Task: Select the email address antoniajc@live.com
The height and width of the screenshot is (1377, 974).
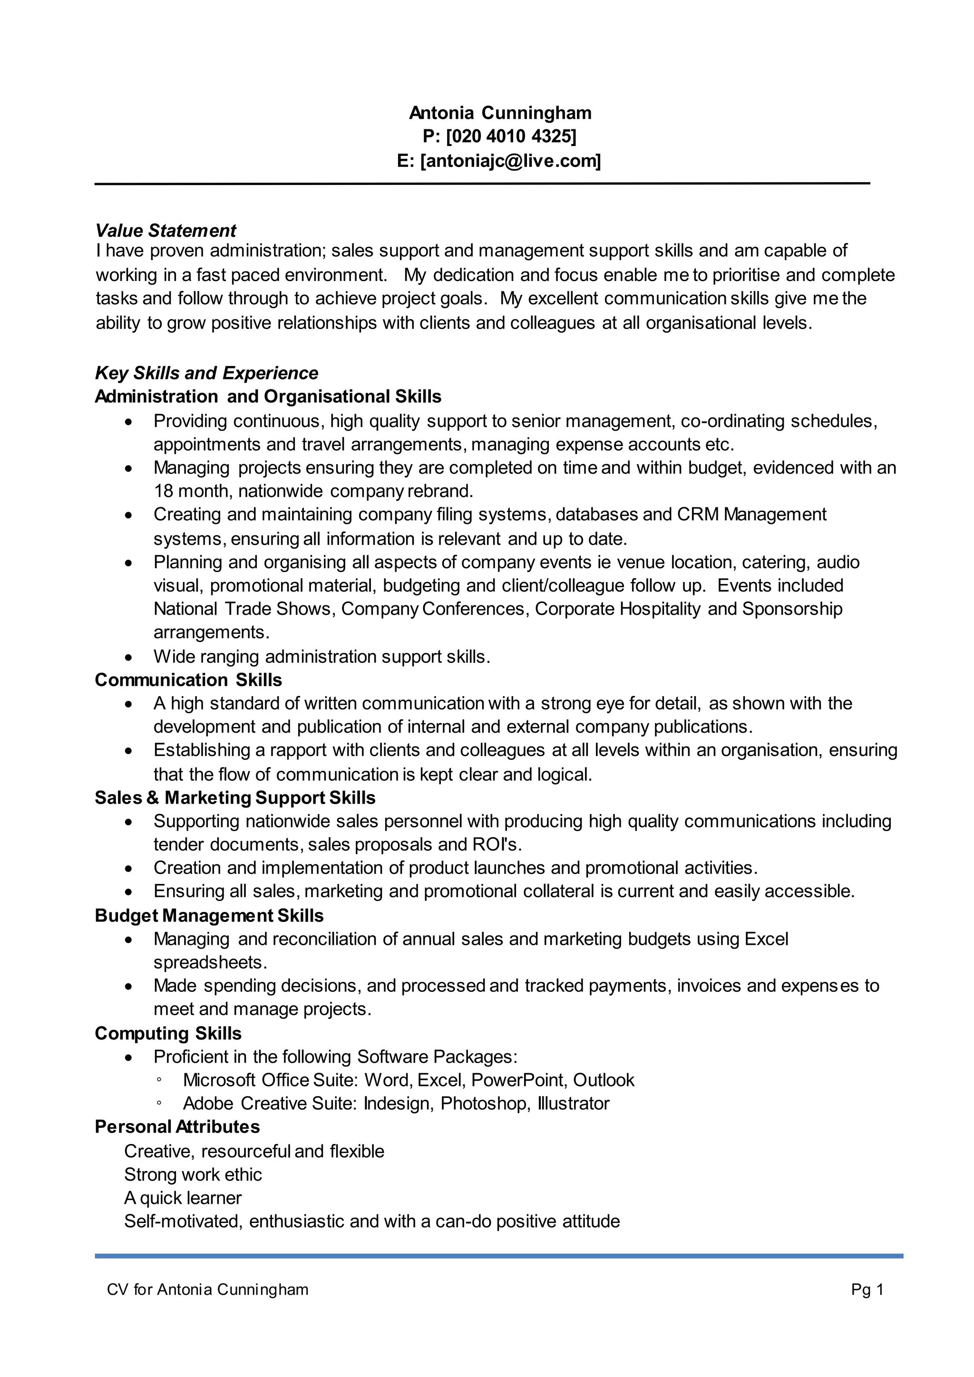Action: pos(510,161)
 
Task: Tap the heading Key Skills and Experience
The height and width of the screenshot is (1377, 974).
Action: pos(206,373)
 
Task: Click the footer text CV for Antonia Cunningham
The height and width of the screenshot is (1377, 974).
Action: pos(207,1290)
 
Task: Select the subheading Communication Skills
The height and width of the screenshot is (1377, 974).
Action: pos(188,679)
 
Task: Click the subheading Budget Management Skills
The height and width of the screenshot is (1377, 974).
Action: pos(209,915)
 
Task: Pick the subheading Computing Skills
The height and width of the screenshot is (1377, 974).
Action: pos(168,1033)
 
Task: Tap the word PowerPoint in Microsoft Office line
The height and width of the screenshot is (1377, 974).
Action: pos(519,1080)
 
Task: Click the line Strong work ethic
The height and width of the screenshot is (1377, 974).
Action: pos(193,1174)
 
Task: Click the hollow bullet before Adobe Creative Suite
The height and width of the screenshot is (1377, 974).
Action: pos(159,1104)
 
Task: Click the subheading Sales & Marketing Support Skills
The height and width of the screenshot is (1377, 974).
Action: pos(235,798)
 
